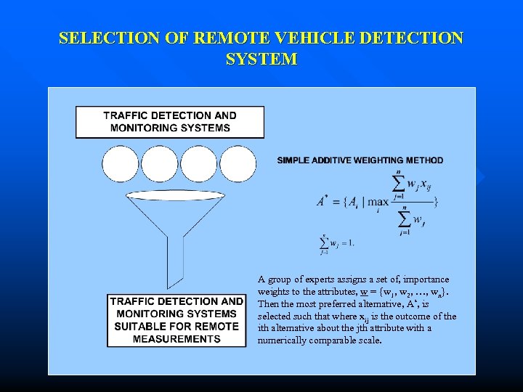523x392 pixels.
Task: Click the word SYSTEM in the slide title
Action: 261,60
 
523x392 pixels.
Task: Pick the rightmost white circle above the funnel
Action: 238,165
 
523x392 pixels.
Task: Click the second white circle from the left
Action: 160,165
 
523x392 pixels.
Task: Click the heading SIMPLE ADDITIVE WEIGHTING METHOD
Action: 360,160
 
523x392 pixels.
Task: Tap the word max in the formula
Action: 378,202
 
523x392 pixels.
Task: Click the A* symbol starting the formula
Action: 321,202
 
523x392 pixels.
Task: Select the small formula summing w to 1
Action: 336,242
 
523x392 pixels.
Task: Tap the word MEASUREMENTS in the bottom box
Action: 177,339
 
